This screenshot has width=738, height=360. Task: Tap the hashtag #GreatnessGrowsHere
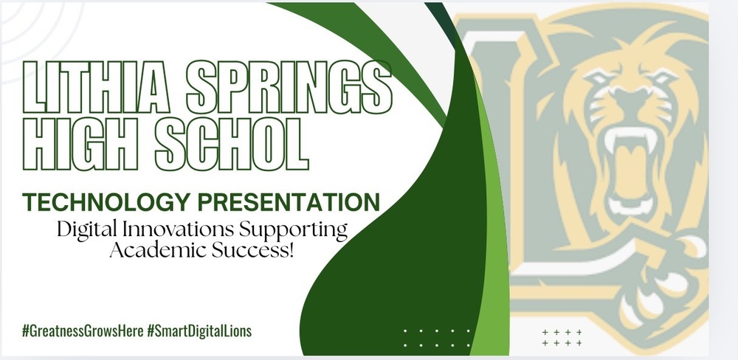[82, 331]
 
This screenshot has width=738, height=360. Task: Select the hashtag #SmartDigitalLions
[199, 331]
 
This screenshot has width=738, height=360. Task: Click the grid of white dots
[438, 337]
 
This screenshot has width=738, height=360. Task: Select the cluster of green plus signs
[562, 337]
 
